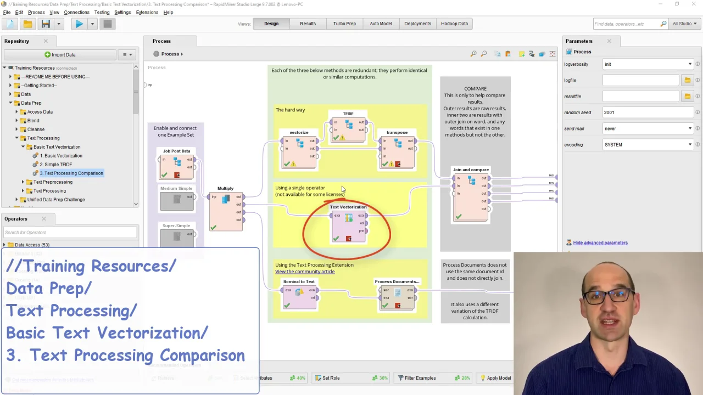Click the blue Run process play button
click(x=79, y=24)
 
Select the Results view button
click(x=308, y=24)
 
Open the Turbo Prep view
click(x=344, y=24)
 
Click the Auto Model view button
click(x=381, y=24)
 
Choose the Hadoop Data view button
click(x=454, y=24)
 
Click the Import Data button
click(x=60, y=54)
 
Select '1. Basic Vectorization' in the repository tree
click(x=60, y=156)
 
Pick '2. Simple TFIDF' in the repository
click(x=55, y=165)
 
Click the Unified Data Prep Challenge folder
click(x=55, y=200)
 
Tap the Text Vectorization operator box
click(x=348, y=225)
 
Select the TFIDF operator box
click(x=348, y=129)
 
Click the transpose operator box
click(x=397, y=151)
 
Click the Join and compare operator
click(x=471, y=195)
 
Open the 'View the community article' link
click(x=305, y=272)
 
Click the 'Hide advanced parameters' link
click(x=600, y=242)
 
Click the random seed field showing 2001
click(x=648, y=112)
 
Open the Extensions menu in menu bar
click(x=147, y=12)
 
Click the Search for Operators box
click(x=70, y=233)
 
